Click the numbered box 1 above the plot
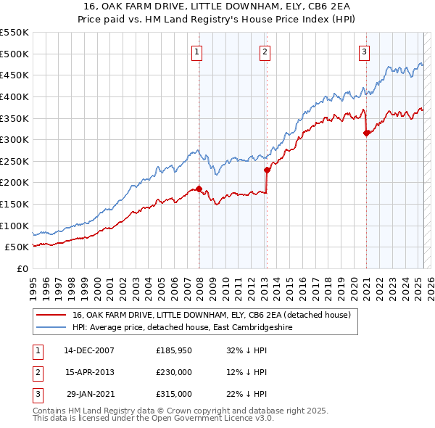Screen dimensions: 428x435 pyautogui.click(x=198, y=52)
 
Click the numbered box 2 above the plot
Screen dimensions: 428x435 pyautogui.click(x=265, y=52)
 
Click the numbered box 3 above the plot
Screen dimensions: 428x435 pyautogui.click(x=364, y=52)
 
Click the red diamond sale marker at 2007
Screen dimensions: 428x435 pyautogui.click(x=199, y=189)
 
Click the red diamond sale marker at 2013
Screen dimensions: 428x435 pyautogui.click(x=267, y=170)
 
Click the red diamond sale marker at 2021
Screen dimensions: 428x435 pyautogui.click(x=366, y=133)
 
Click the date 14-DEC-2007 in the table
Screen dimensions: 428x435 pyautogui.click(x=89, y=350)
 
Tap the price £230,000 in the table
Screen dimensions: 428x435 pyautogui.click(x=174, y=372)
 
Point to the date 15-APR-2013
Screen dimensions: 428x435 pyautogui.click(x=89, y=372)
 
